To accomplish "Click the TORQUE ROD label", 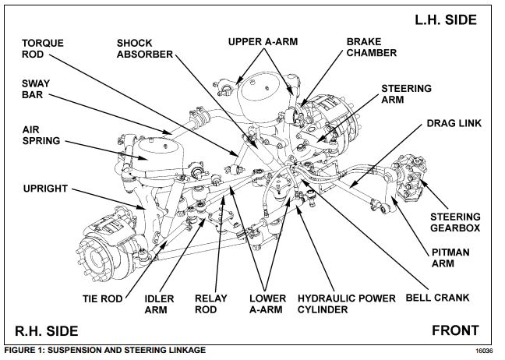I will (43, 49).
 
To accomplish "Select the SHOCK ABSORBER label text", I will (146, 49).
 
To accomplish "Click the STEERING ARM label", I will (405, 94).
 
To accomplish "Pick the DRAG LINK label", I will (452, 124).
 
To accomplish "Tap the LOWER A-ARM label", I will (267, 304).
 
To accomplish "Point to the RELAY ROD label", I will (212, 304).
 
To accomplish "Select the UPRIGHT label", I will (45, 189).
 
